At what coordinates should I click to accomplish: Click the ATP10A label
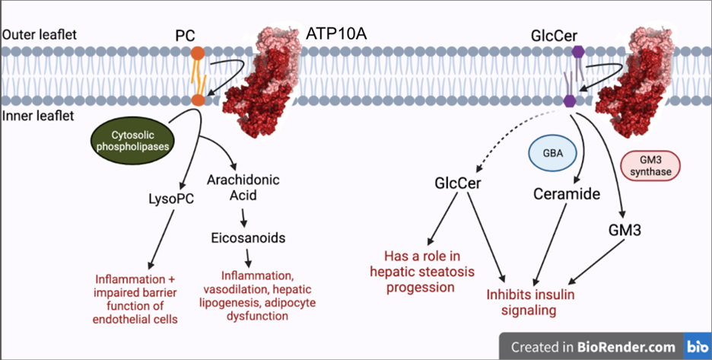(339, 34)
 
